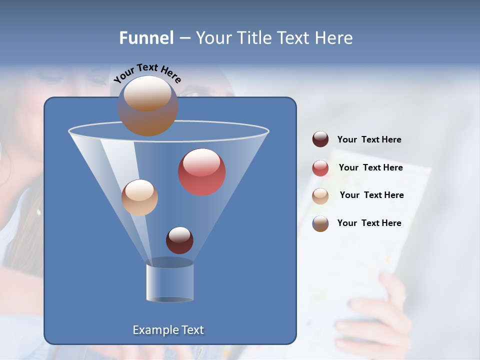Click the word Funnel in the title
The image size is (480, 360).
146,38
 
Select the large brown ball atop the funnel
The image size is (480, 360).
148,106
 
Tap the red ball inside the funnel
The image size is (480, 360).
202,172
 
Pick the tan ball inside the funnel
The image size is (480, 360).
139,197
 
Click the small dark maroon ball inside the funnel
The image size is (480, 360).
179,240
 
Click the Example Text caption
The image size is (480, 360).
168,330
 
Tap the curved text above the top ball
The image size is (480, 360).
147,73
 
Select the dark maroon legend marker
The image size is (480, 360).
320,139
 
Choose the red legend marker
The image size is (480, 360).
320,168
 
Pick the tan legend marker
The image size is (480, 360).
320,196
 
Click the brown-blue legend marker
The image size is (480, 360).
320,223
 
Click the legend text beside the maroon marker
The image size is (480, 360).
369,139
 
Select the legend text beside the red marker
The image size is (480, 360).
370,167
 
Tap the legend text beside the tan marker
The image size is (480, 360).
371,195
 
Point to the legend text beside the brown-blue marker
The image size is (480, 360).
369,223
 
